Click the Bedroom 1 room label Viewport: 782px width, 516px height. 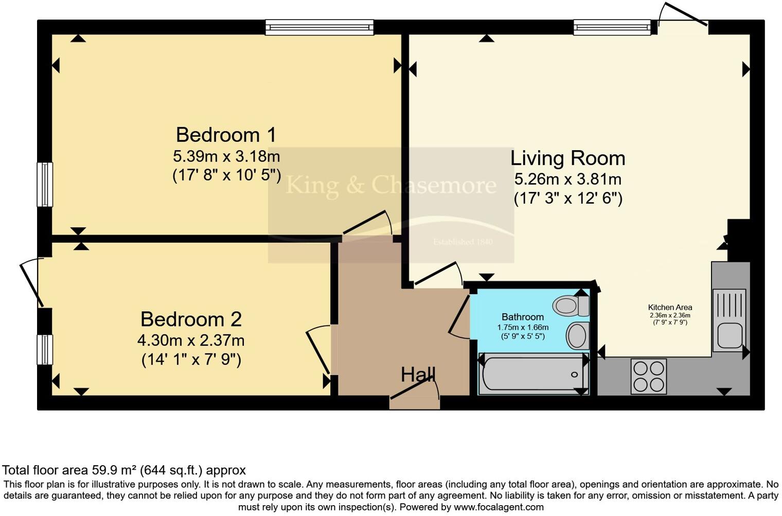click(x=226, y=135)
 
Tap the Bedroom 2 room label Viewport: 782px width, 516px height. click(x=191, y=319)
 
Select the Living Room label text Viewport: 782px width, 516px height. click(x=567, y=158)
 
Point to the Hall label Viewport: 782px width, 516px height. click(x=418, y=375)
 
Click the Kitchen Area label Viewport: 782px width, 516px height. click(x=670, y=307)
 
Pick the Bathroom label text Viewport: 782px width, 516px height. click(x=522, y=317)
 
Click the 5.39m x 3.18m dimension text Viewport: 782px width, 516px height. click(x=226, y=155)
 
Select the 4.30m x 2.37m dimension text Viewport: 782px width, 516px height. click(x=191, y=340)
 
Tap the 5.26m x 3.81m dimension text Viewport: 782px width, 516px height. click(x=567, y=179)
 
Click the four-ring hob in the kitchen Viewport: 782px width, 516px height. click(x=648, y=376)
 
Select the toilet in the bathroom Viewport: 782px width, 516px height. click(x=571, y=306)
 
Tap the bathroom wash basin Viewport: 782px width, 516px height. click(x=578, y=336)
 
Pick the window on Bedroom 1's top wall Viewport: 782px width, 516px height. click(x=319, y=27)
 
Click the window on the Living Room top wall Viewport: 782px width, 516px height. click(x=612, y=27)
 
